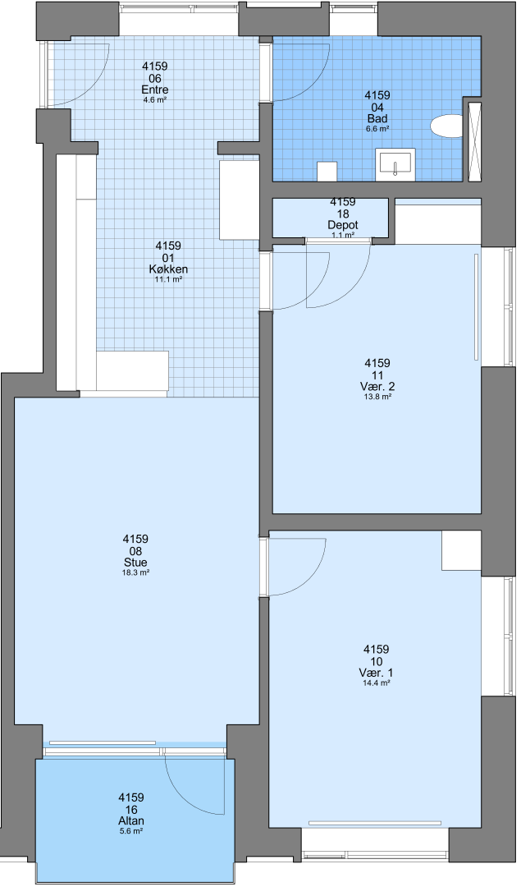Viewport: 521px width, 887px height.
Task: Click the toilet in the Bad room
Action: click(446, 126)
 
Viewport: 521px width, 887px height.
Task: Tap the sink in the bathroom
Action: click(395, 163)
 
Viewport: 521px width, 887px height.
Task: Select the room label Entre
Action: click(154, 90)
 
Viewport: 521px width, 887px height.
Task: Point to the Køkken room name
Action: click(168, 269)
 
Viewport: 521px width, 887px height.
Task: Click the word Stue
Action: click(135, 563)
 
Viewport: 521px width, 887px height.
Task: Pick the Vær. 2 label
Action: click(377, 387)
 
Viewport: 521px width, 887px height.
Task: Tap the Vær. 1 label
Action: click(377, 673)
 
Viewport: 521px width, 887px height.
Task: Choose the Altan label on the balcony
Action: click(131, 820)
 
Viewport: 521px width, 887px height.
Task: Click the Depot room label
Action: click(343, 225)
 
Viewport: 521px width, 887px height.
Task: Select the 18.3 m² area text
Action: click(135, 572)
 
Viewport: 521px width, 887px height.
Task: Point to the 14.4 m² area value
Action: click(377, 682)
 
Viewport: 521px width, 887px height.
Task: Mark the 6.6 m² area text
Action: click(377, 128)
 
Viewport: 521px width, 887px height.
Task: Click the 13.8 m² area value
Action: click(377, 397)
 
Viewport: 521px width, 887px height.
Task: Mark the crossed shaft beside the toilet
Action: click(475, 140)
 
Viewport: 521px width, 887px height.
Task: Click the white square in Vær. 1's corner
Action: click(461, 550)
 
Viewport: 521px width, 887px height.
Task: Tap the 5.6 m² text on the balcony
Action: click(131, 831)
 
